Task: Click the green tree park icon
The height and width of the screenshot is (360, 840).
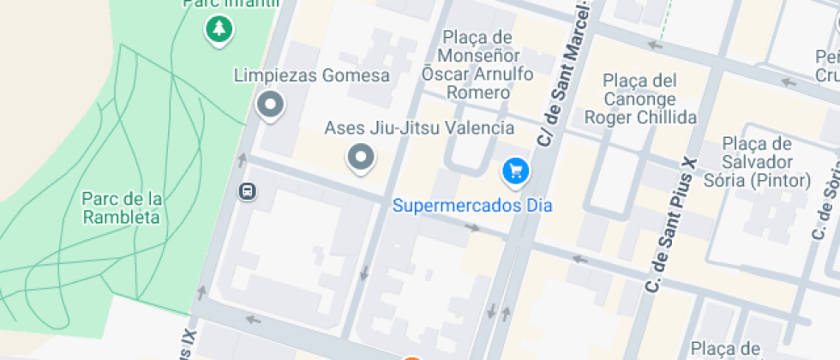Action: pyautogui.click(x=219, y=29)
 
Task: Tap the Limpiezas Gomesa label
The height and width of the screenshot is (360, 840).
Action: pyautogui.click(x=312, y=75)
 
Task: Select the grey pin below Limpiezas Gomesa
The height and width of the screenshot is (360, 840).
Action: pyautogui.click(x=271, y=106)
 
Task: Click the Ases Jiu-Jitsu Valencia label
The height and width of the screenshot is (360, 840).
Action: pyautogui.click(x=419, y=128)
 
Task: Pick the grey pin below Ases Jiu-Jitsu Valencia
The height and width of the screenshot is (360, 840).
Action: pyautogui.click(x=361, y=158)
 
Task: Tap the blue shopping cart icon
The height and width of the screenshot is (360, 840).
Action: pyautogui.click(x=515, y=171)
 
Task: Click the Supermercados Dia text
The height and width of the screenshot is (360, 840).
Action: pyautogui.click(x=472, y=206)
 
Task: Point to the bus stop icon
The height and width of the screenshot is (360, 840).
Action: pyautogui.click(x=247, y=190)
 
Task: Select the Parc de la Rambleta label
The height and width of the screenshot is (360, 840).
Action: pyautogui.click(x=122, y=208)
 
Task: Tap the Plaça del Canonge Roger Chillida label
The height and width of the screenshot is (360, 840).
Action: pyautogui.click(x=640, y=99)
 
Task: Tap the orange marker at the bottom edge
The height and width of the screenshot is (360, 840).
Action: pyautogui.click(x=412, y=357)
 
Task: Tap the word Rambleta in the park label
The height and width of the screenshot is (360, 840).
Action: pyautogui.click(x=122, y=218)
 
